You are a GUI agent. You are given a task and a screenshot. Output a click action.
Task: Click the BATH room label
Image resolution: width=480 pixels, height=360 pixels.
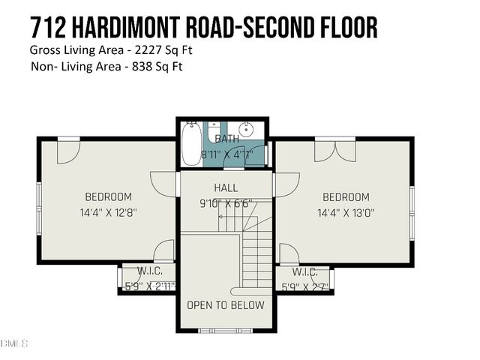pyautogui.click(x=226, y=139)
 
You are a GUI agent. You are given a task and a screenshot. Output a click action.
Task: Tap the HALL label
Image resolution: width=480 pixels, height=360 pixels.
pyautogui.click(x=226, y=187)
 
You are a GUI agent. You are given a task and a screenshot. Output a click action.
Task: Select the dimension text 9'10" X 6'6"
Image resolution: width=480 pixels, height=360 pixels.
pyautogui.click(x=226, y=202)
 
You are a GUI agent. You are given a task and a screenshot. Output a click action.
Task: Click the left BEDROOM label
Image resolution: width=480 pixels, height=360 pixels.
pyautogui.click(x=108, y=197)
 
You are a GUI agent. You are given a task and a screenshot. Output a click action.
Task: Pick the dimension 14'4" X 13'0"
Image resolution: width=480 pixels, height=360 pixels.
pyautogui.click(x=346, y=212)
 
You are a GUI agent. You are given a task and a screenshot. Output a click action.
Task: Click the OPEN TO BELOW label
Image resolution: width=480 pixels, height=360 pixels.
pyautogui.click(x=226, y=305)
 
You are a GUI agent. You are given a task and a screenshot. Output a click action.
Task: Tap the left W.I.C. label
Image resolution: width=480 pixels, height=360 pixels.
pyautogui.click(x=150, y=271)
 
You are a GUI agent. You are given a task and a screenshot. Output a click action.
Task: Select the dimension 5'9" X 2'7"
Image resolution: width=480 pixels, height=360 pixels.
pyautogui.click(x=304, y=286)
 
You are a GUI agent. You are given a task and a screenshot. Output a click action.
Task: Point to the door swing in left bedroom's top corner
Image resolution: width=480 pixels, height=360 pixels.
pyautogui.click(x=67, y=150)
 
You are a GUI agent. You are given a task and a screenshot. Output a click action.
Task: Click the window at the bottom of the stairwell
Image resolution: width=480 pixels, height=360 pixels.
pyautogui.click(x=226, y=328)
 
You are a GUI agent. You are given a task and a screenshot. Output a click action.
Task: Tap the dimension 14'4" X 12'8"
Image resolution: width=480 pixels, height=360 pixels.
pyautogui.click(x=108, y=212)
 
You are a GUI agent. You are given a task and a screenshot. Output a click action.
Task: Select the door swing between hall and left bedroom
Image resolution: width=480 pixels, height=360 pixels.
pyautogui.click(x=166, y=182)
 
